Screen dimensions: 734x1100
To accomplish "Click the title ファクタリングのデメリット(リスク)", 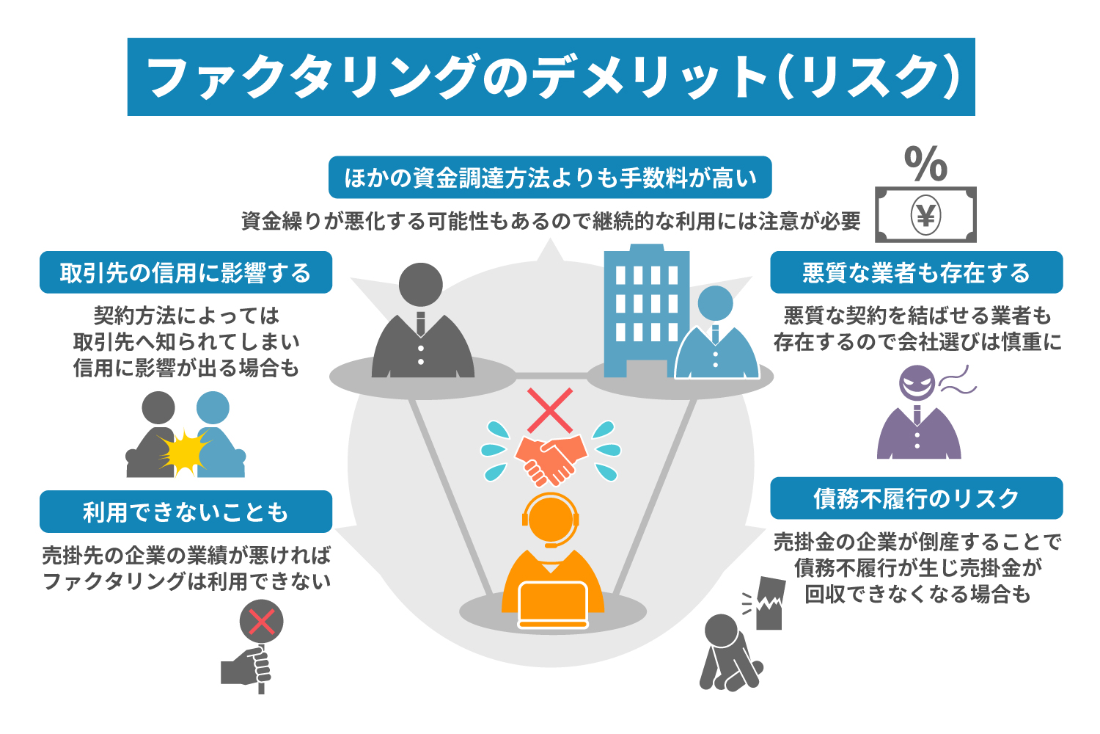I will [x=551, y=77].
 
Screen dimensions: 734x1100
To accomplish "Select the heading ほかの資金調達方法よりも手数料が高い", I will [x=550, y=178].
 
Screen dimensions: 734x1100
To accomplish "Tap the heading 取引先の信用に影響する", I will [x=186, y=273].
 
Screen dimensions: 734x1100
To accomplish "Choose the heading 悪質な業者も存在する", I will [x=916, y=273].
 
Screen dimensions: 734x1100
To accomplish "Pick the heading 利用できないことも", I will [x=186, y=512].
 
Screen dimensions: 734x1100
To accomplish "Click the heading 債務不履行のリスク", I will [x=916, y=498].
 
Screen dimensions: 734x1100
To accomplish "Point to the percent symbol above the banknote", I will [x=925, y=163].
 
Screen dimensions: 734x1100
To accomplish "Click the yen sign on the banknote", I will [x=925, y=215].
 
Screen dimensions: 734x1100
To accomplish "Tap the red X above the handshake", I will [x=550, y=410].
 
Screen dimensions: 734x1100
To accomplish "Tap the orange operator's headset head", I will [x=551, y=518].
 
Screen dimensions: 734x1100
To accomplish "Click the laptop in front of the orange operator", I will [x=553, y=603].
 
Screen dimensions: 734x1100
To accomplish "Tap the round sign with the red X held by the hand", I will [x=261, y=622].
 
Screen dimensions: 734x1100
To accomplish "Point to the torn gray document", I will [x=769, y=603].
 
